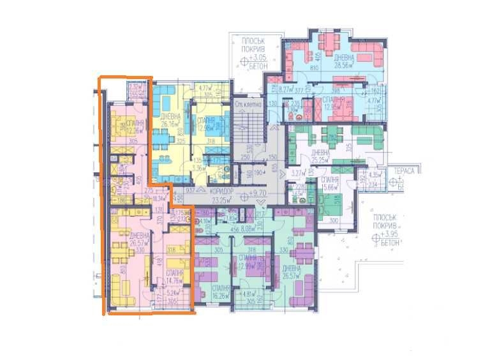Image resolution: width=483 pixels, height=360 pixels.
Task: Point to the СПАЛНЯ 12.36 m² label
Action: click(x=135, y=128)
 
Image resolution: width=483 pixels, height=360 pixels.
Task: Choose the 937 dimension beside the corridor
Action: click(x=189, y=191)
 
